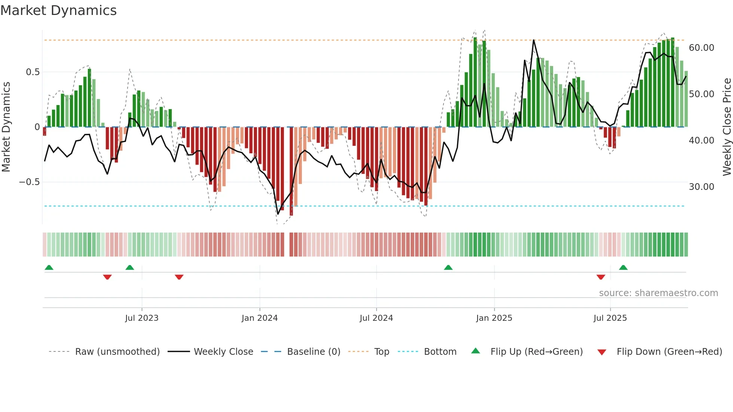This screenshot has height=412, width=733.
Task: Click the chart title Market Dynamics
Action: pyautogui.click(x=58, y=10)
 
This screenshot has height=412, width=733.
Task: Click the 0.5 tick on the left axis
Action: pyautogui.click(x=33, y=72)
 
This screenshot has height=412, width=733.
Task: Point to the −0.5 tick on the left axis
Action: pyautogui.click(x=30, y=182)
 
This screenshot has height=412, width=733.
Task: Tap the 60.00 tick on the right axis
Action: pyautogui.click(x=701, y=48)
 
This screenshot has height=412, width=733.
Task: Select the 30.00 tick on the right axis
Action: pyautogui.click(x=701, y=187)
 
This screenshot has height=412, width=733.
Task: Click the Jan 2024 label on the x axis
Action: pyautogui.click(x=260, y=318)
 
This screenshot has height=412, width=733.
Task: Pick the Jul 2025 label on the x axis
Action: pyautogui.click(x=610, y=318)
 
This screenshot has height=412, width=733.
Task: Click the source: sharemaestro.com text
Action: pyautogui.click(x=658, y=293)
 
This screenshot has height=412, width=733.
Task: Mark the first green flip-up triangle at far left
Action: pyautogui.click(x=49, y=267)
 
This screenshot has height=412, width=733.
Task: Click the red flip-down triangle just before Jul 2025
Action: pyautogui.click(x=601, y=277)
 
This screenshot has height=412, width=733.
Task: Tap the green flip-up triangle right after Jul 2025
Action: pyautogui.click(x=623, y=267)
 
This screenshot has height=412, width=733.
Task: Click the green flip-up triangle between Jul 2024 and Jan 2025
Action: pyautogui.click(x=448, y=267)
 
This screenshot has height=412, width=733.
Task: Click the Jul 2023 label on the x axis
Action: pyautogui.click(x=142, y=318)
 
